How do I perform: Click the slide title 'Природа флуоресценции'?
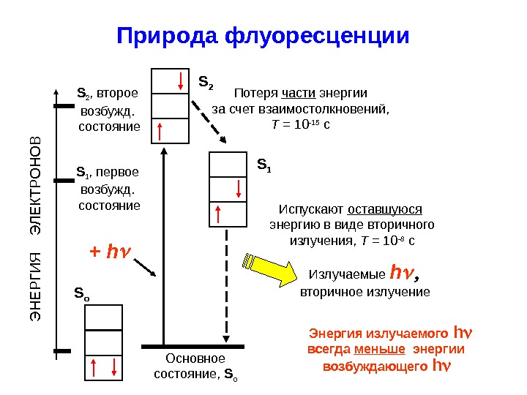[263, 36]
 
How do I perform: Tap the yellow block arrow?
[270, 268]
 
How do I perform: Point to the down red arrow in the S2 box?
[179, 80]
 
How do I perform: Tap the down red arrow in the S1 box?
[239, 188]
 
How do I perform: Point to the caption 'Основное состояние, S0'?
[195, 367]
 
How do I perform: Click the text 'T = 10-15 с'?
[301, 124]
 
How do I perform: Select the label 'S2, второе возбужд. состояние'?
[108, 110]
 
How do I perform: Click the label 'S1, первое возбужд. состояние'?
[108, 189]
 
